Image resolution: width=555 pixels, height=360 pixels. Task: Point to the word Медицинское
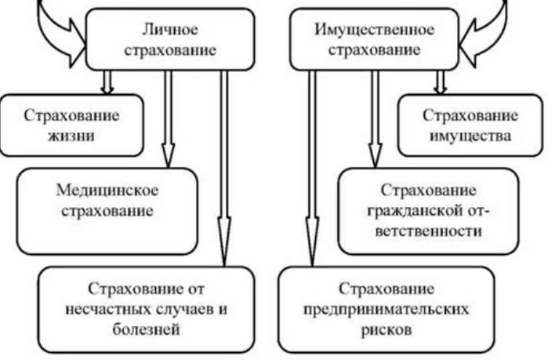105,191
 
